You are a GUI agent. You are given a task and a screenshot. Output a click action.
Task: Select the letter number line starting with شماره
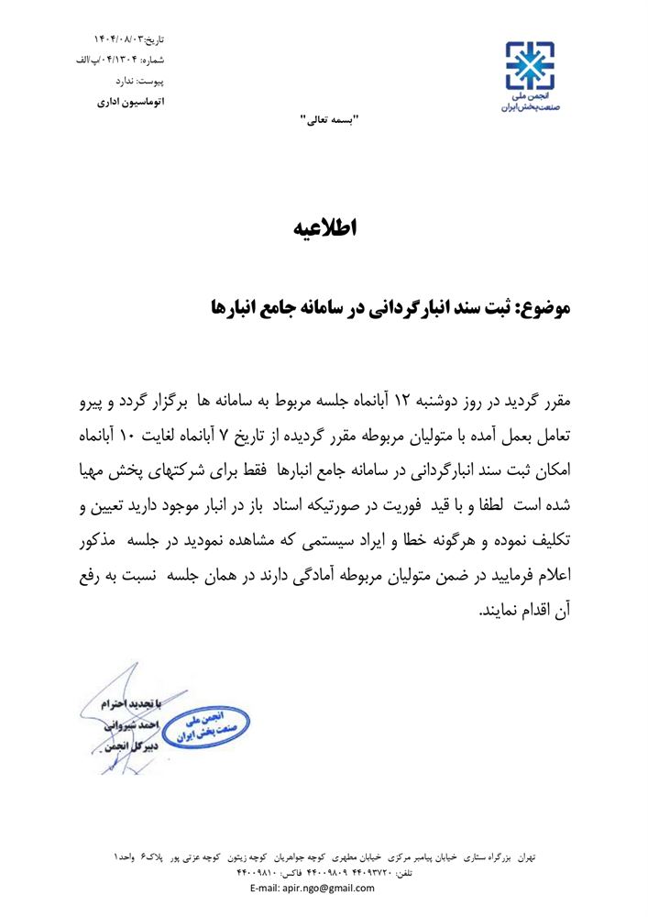pos(120,61)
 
